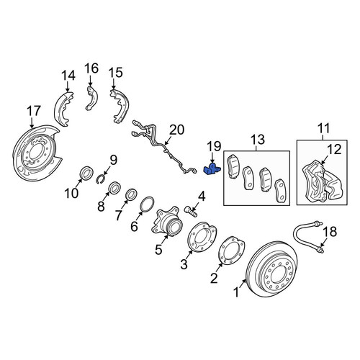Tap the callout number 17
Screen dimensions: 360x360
34,111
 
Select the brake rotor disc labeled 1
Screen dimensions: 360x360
272,269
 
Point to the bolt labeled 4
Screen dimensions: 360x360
191,212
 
